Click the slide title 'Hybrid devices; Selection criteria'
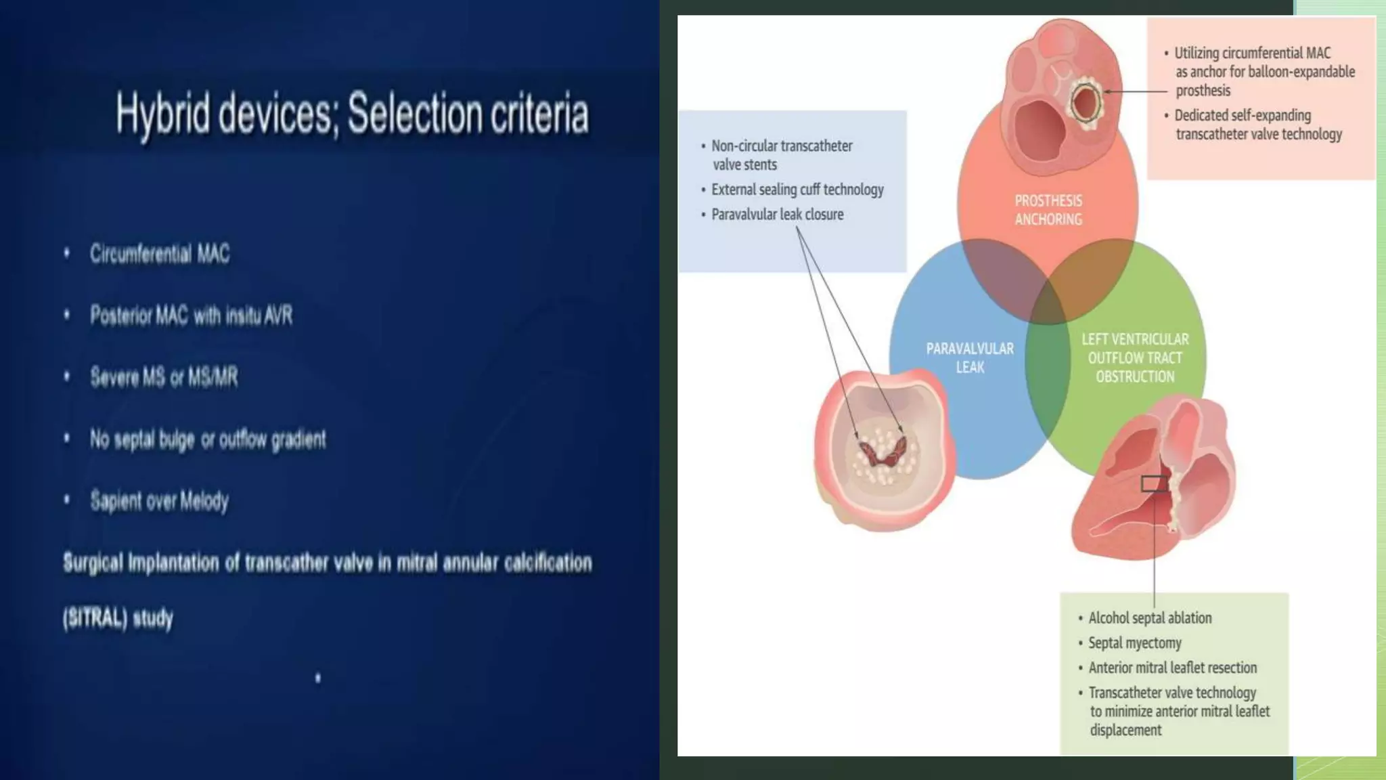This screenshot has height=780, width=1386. point(352,114)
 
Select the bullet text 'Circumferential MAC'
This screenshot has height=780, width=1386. point(160,254)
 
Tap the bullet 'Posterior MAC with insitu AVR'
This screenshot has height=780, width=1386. point(191,316)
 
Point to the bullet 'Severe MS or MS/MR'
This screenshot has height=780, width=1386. point(164,377)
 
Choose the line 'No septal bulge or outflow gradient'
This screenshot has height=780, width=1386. point(208,439)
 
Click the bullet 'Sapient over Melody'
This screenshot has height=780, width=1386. point(159,501)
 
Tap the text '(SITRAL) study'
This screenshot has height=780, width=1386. point(118,618)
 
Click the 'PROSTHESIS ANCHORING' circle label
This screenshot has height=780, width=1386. point(1048,210)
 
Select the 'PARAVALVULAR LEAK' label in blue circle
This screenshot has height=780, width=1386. point(970,357)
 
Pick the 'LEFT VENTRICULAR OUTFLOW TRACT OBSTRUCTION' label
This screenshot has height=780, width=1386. point(1135,357)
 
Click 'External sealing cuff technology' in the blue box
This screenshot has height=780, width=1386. point(797,190)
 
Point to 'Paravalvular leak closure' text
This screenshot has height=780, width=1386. point(777,215)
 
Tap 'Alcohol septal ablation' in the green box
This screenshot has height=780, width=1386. point(1150,617)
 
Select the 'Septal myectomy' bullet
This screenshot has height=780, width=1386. point(1134,643)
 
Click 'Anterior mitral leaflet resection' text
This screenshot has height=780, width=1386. point(1172,668)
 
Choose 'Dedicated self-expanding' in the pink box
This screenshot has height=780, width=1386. point(1243,116)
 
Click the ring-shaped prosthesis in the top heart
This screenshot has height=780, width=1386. point(1086,103)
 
